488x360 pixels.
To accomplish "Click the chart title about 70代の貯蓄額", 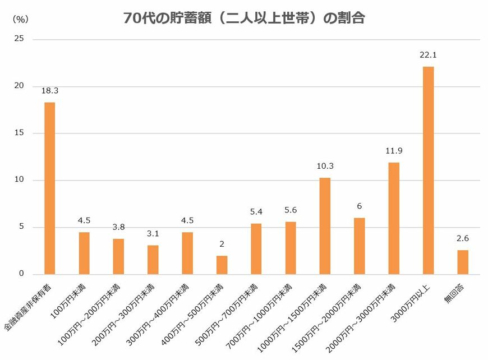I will pyautogui.click(x=244, y=18).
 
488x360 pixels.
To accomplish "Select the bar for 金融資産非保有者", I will pyautogui.click(x=49, y=188).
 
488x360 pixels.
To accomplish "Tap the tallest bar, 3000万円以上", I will pyautogui.click(x=428, y=170).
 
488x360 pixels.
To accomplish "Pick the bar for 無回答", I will pyautogui.click(x=462, y=262).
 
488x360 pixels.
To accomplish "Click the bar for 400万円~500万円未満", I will pyautogui.click(x=222, y=265).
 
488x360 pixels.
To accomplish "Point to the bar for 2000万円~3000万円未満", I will pyautogui.click(x=394, y=218).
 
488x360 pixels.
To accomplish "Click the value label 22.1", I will pyautogui.click(x=428, y=55).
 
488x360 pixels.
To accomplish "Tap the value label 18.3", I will pyautogui.click(x=49, y=90).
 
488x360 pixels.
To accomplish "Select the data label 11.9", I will pyautogui.click(x=394, y=151).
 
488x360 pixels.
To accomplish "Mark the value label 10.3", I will pyautogui.click(x=325, y=166).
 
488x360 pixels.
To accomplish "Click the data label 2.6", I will pyautogui.click(x=462, y=238).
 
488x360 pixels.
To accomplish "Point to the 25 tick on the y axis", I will pyautogui.click(x=20, y=39).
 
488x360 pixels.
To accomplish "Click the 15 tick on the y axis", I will pyautogui.click(x=20, y=133).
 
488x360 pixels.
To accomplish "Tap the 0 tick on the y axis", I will pyautogui.click(x=21, y=274).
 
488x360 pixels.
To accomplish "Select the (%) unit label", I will pyautogui.click(x=20, y=19).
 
